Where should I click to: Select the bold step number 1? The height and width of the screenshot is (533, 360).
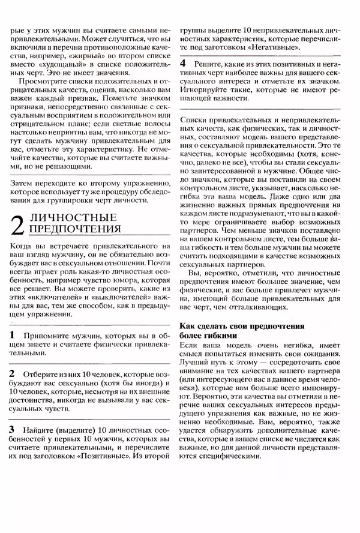coord(13,334)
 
